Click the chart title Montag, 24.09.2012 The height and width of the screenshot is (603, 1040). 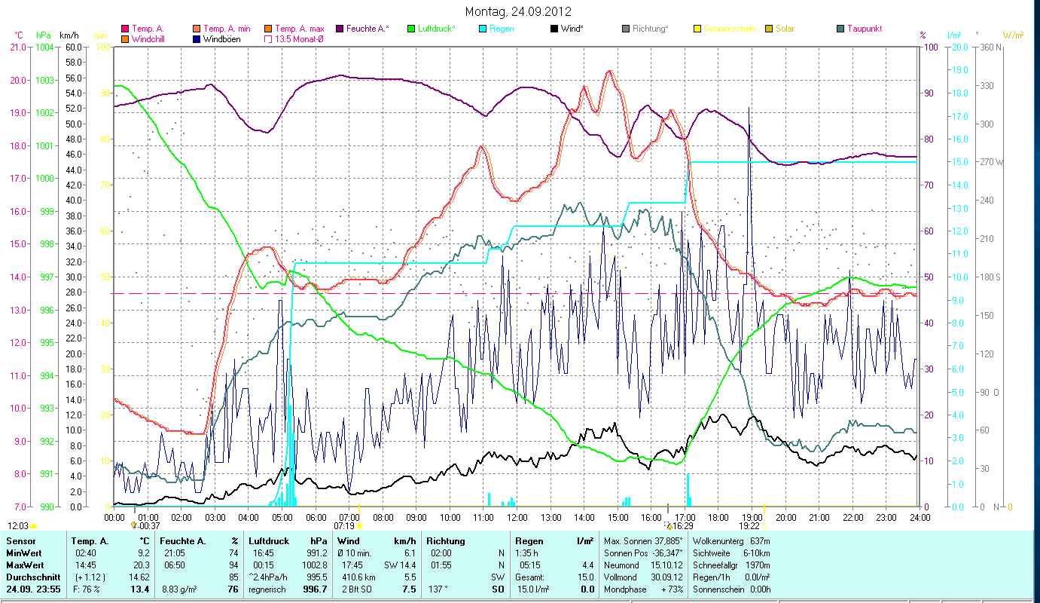[518, 11]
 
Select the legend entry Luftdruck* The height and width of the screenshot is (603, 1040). [436, 29]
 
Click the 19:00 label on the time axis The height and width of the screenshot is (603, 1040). [752, 517]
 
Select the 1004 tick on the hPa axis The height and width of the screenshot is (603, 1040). [44, 47]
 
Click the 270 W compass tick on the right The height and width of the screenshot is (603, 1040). [990, 161]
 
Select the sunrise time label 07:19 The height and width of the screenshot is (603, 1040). [344, 525]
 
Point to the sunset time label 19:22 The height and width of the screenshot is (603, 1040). [749, 525]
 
